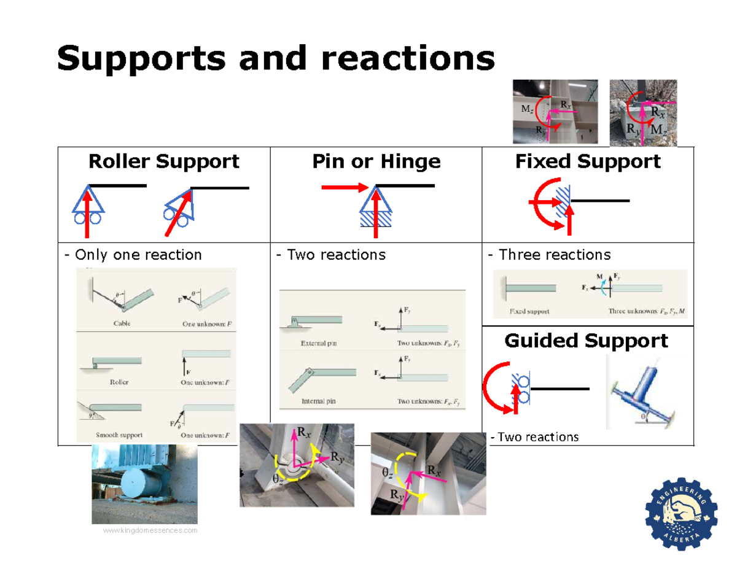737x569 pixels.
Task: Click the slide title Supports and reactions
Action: [275, 58]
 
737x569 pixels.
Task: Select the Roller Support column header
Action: [164, 161]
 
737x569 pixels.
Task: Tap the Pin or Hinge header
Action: [376, 161]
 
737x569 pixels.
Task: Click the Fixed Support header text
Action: [588, 161]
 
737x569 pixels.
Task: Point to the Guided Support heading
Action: [586, 341]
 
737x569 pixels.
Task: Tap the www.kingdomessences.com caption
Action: [150, 530]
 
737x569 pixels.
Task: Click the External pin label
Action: [318, 344]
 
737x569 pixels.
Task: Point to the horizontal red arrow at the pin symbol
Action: [344, 188]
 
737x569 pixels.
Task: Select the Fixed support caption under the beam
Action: [529, 311]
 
